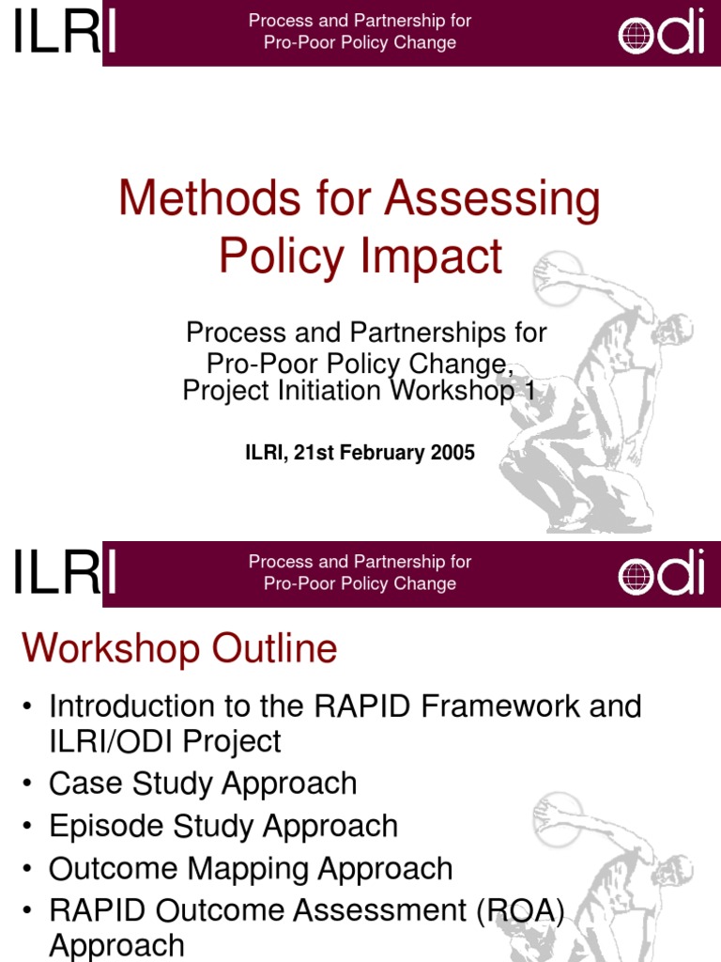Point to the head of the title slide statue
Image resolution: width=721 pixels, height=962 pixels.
point(672,329)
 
